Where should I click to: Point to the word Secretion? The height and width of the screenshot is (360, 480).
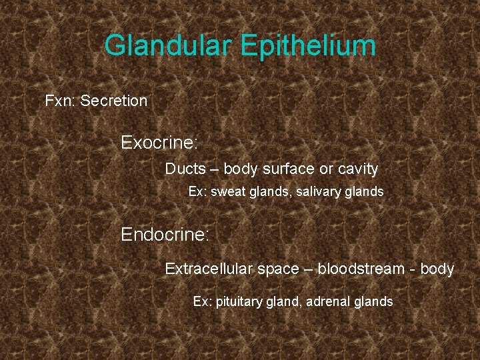(113, 101)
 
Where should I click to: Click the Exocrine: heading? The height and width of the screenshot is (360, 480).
(160, 143)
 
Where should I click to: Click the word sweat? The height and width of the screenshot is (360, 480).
(228, 192)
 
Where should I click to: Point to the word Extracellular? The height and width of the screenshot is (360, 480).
(209, 269)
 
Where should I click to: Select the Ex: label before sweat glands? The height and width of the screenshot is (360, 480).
(198, 192)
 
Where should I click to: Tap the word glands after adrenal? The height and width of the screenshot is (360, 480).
(373, 302)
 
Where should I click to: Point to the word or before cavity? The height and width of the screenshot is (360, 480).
(323, 170)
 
